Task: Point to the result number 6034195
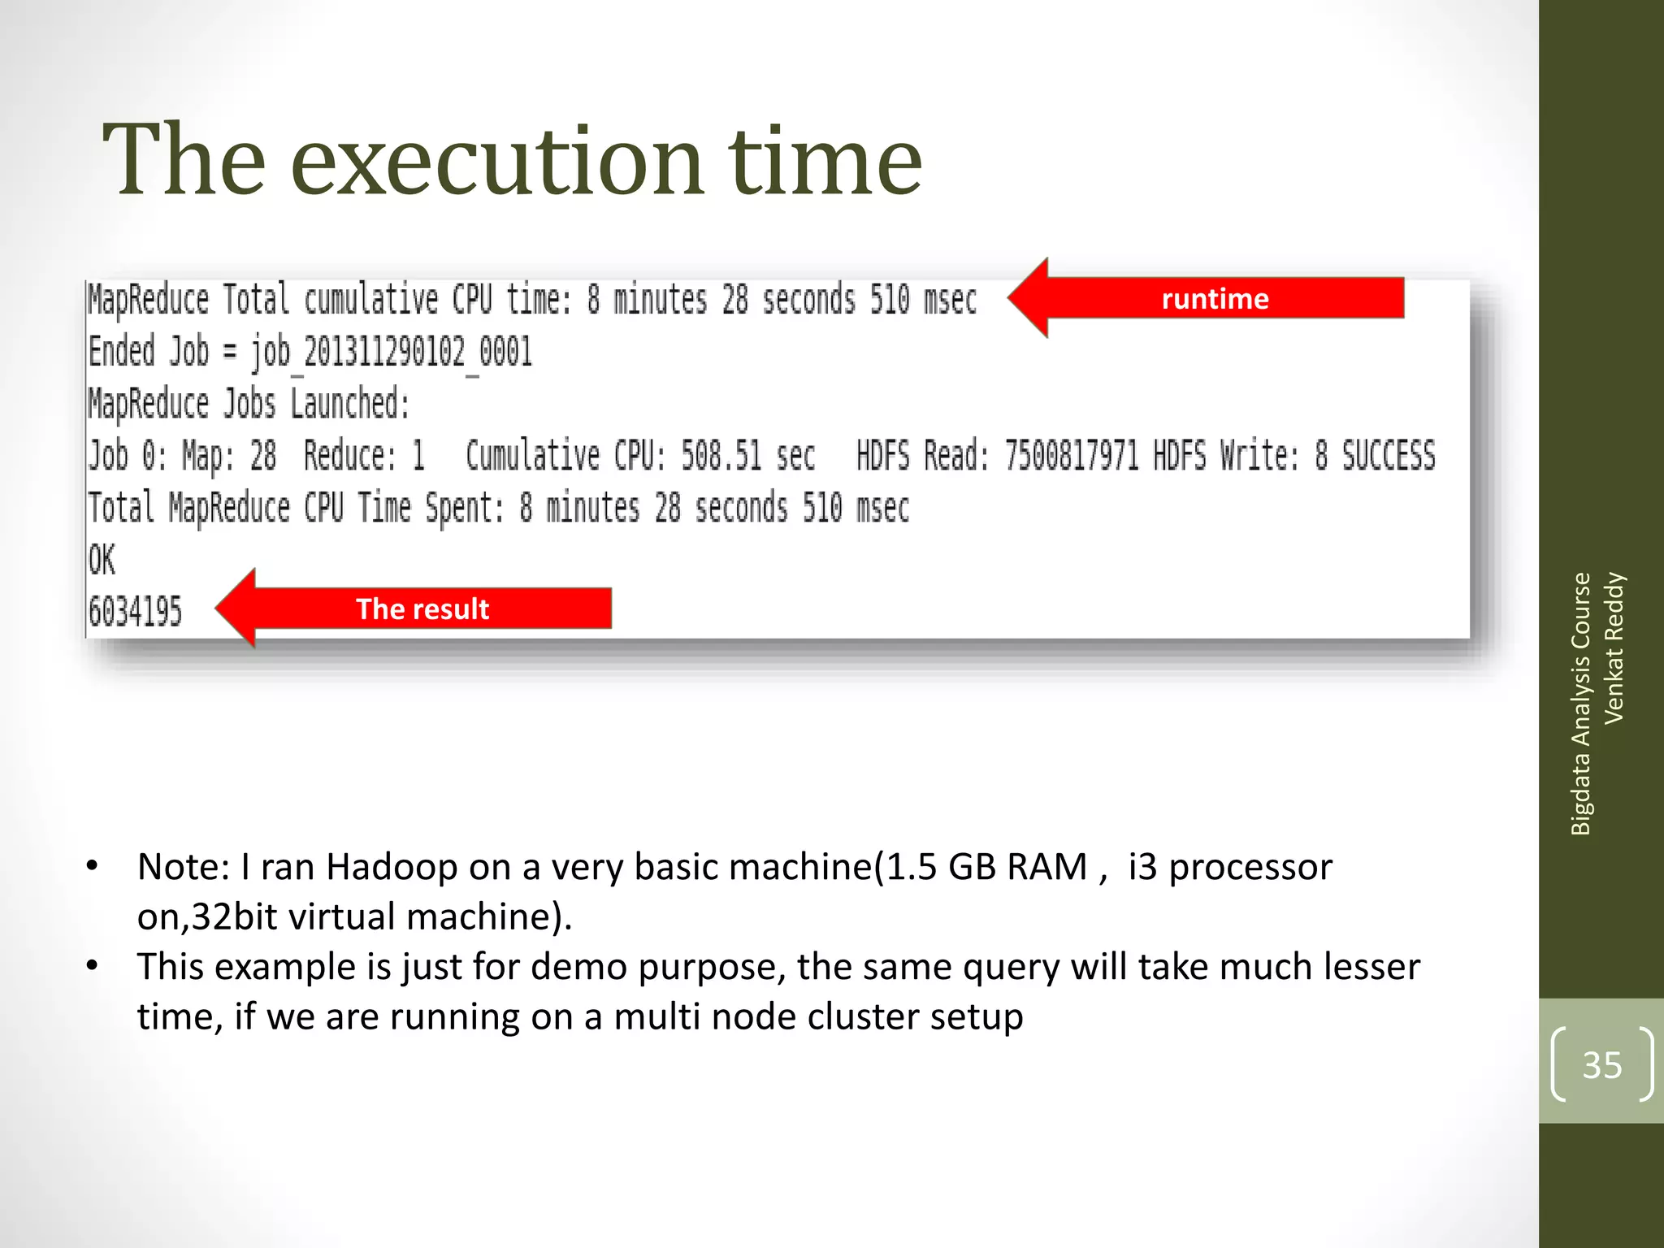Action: point(135,611)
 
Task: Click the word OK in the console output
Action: point(102,560)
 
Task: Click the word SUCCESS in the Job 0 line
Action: point(1388,455)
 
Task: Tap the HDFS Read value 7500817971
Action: point(1072,455)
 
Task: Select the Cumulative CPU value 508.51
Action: point(721,455)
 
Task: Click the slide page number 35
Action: point(1601,1064)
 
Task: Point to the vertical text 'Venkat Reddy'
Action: point(1613,648)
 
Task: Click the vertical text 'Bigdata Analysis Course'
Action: point(1579,704)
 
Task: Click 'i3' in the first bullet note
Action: point(1142,867)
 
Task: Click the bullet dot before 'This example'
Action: point(93,966)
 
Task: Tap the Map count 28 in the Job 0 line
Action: point(262,455)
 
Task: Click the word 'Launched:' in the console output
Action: point(350,404)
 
